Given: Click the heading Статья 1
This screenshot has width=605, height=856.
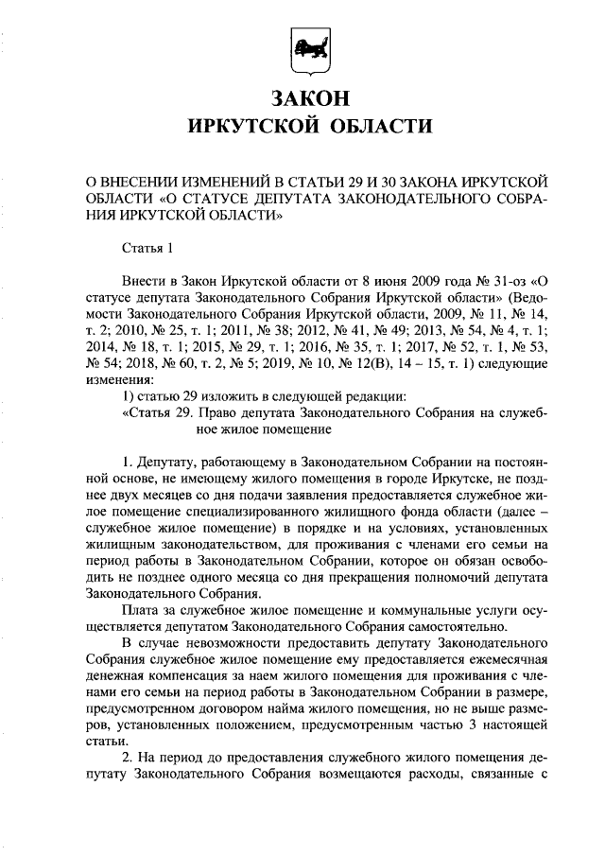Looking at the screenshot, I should [148, 250].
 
